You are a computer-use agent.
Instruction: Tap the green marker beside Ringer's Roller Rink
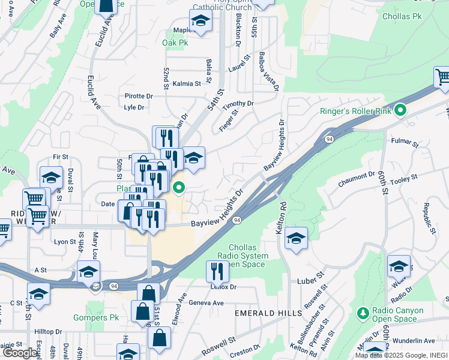click(401, 111)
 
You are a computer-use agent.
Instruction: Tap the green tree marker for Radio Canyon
click(362, 314)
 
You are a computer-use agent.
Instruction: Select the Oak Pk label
click(175, 43)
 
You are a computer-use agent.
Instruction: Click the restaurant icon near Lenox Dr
click(217, 271)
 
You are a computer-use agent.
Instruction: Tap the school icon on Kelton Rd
click(297, 238)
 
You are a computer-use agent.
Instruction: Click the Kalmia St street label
click(187, 83)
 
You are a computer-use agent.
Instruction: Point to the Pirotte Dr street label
click(139, 96)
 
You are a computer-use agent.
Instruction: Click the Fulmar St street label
click(404, 143)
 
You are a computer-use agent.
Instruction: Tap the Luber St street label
click(311, 281)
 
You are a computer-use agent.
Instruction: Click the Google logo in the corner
click(20, 353)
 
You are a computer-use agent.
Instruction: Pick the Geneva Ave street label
click(206, 303)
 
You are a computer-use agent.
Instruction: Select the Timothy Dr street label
click(238, 104)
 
